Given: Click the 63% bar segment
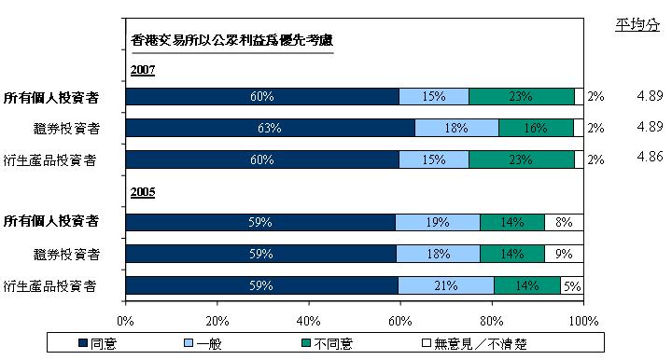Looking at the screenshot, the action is click(271, 128).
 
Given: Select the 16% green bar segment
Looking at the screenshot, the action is click(536, 128).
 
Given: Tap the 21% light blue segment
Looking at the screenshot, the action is click(446, 285).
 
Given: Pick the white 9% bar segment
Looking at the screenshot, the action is click(564, 254).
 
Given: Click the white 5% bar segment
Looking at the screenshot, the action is click(572, 285).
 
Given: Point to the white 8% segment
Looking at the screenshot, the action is click(564, 222).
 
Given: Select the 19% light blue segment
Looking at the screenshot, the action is click(438, 222).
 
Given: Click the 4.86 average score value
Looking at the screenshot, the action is click(650, 157).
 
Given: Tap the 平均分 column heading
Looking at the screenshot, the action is click(637, 25).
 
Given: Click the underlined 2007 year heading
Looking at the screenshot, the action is click(143, 70).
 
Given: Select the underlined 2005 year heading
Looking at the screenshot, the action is click(143, 192).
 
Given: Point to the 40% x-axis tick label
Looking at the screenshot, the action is click(309, 321).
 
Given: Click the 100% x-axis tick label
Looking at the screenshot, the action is click(583, 321).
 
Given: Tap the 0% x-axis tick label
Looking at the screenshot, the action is click(125, 321).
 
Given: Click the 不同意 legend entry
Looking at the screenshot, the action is click(328, 343).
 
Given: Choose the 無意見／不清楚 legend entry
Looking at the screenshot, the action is click(474, 343).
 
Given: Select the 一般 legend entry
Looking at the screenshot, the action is click(203, 343).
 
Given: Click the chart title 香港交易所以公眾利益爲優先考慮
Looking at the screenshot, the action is click(231, 40).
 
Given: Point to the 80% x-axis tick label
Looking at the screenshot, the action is click(492, 321).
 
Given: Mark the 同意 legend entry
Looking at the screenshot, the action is click(98, 343).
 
